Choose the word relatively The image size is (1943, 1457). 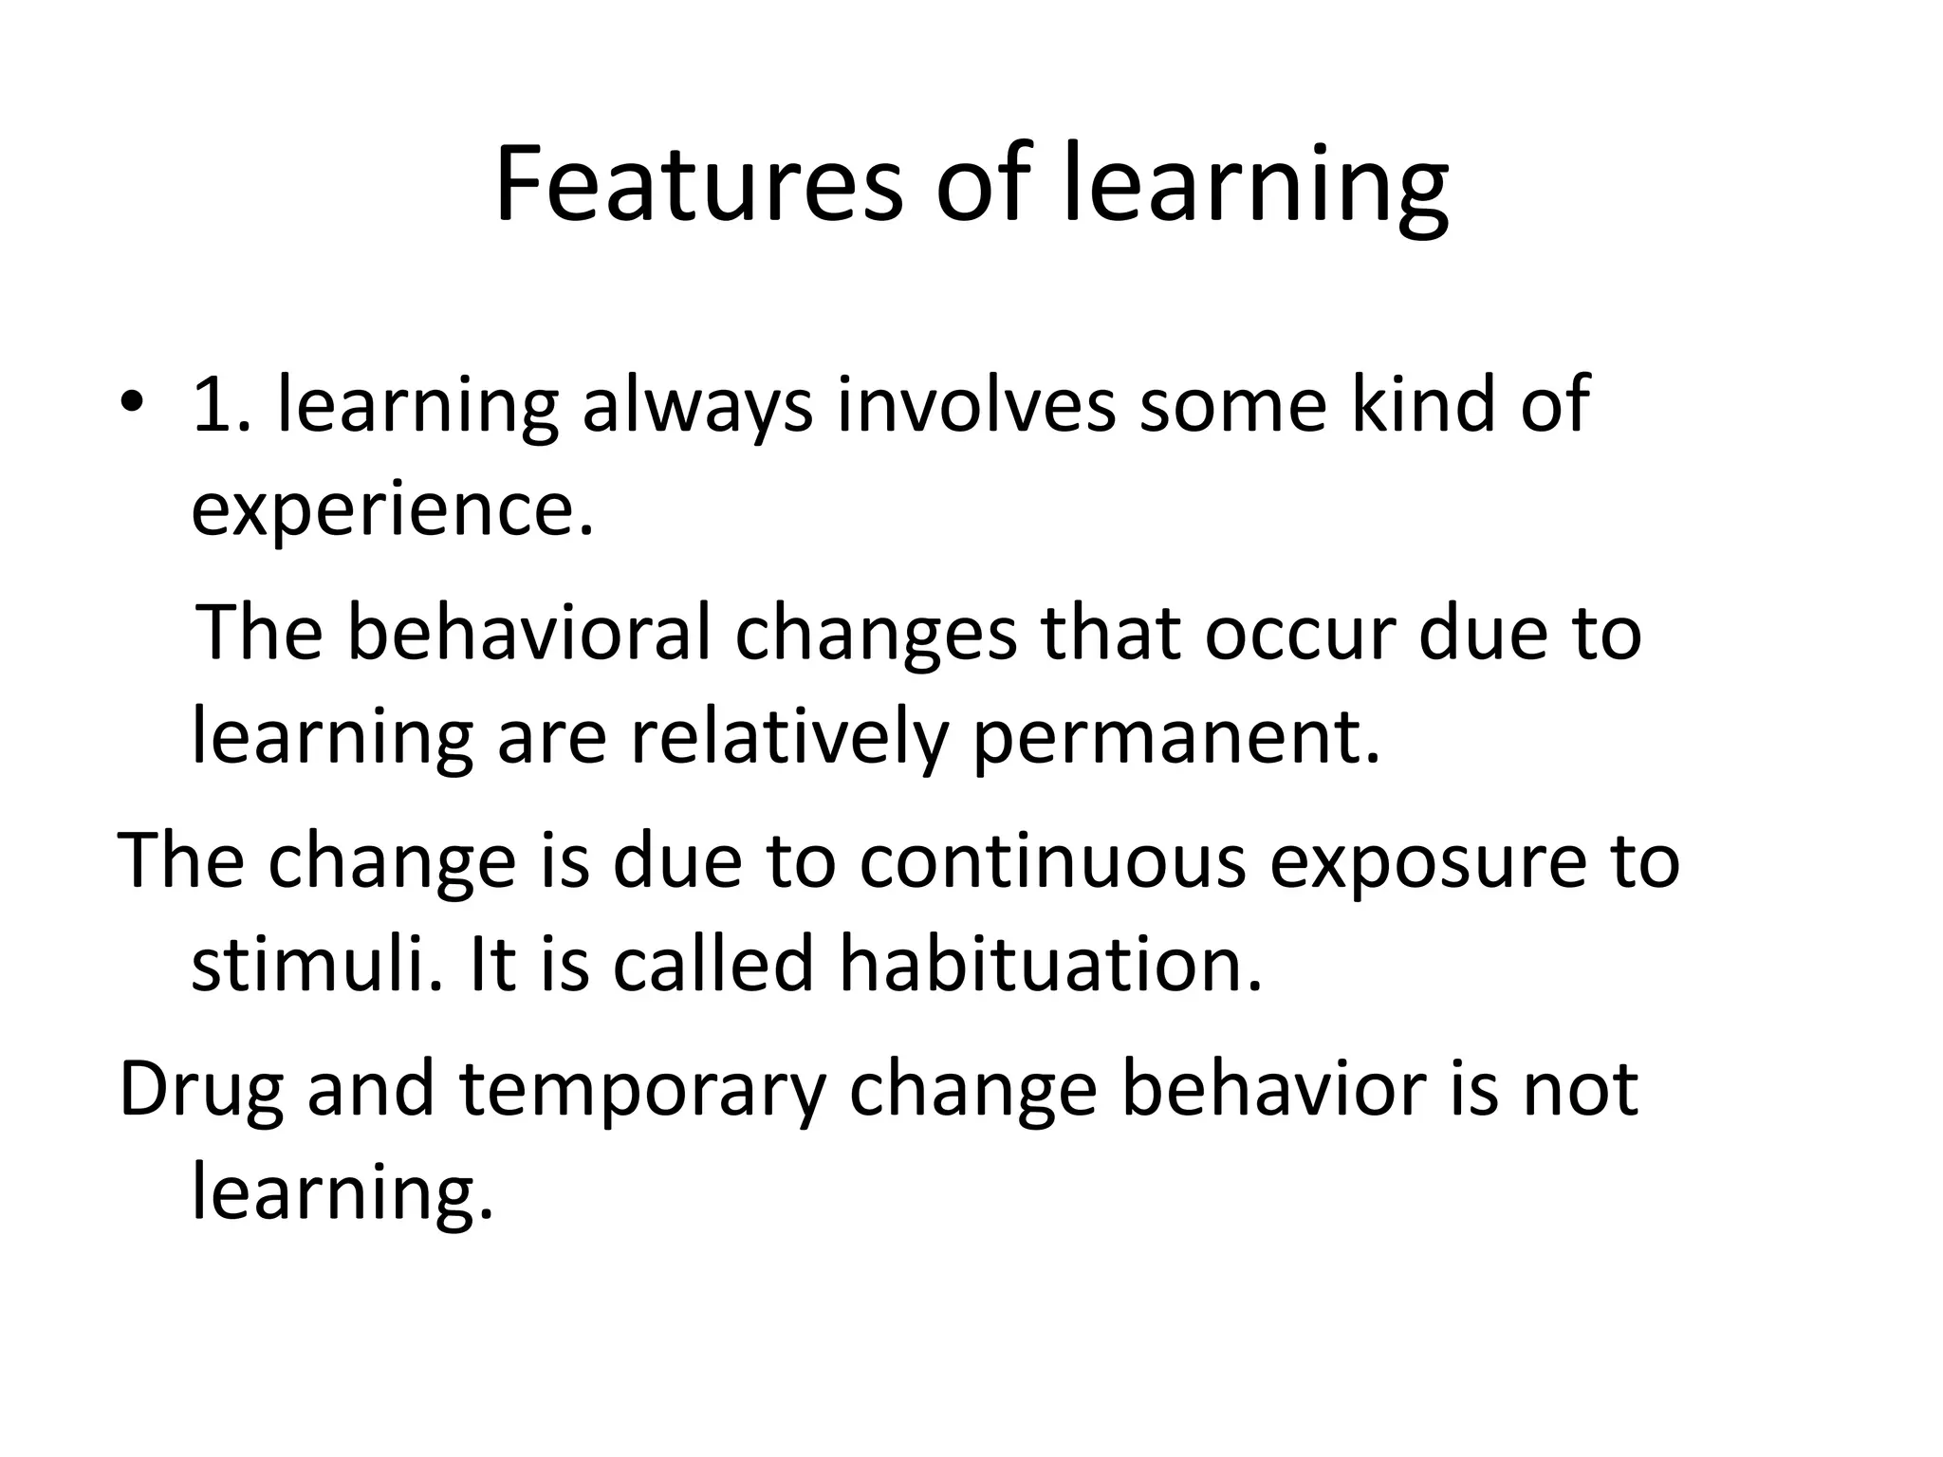[789, 738]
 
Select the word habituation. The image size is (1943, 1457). [1051, 964]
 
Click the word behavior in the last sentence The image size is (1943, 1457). [1273, 1089]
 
